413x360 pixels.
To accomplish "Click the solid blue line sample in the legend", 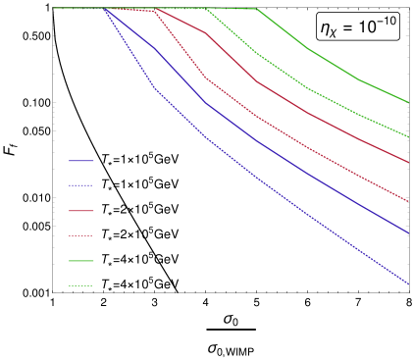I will (x=80, y=161).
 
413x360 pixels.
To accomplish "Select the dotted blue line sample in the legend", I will (x=80, y=186).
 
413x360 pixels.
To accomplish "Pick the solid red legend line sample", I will (x=80, y=211).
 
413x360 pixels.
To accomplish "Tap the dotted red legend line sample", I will (x=80, y=236).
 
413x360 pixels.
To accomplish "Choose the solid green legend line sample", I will (x=80, y=261).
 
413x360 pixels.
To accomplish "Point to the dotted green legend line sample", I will (x=80, y=286).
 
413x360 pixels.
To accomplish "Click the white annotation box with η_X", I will (x=358, y=27).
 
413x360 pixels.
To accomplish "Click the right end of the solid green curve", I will (x=409, y=102).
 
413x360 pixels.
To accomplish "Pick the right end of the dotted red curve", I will (x=409, y=200).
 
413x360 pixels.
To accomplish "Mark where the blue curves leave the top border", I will (x=105, y=8).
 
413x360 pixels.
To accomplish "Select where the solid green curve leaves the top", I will (x=256, y=8).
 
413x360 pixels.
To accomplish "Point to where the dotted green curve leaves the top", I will (x=206, y=8).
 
